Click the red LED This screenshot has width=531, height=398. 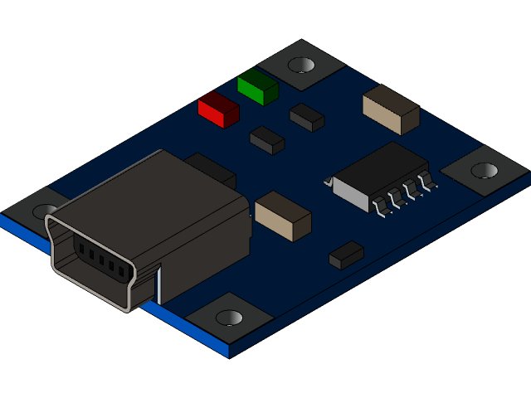click(x=218, y=109)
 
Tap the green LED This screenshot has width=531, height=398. click(x=257, y=86)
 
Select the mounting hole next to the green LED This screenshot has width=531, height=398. click(x=301, y=64)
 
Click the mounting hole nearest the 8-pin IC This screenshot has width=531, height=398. click(x=485, y=170)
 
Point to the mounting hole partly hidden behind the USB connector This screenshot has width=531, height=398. click(x=45, y=211)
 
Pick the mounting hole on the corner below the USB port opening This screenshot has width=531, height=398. click(x=229, y=318)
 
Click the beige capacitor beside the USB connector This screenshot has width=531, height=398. click(x=282, y=215)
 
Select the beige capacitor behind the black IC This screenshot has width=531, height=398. click(x=390, y=109)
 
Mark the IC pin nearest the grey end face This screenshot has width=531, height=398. click(x=384, y=209)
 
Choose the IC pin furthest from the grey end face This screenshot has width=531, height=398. click(x=428, y=183)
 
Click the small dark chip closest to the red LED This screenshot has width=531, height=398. click(x=267, y=139)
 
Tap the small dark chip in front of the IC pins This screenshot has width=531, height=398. click(x=346, y=255)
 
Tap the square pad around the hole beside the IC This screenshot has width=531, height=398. click(x=485, y=172)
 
